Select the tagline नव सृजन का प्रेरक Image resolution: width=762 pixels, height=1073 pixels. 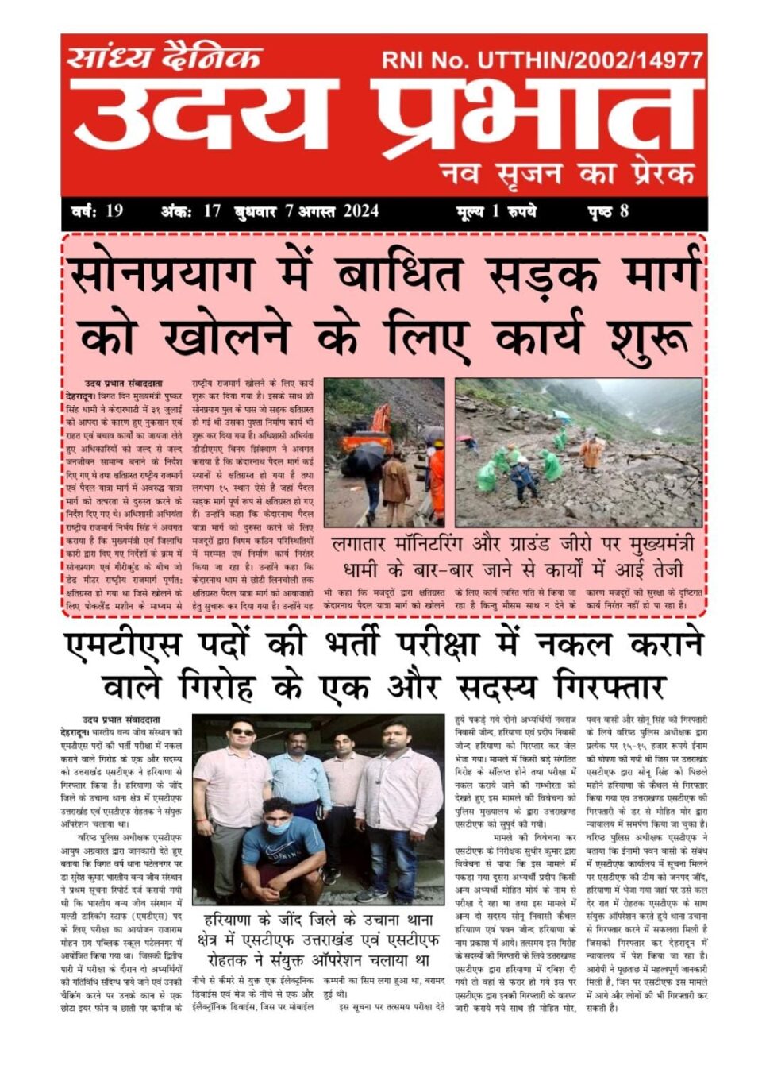(x=567, y=172)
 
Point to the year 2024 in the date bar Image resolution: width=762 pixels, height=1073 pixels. (x=361, y=211)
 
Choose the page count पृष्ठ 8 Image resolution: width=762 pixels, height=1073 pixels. (x=609, y=211)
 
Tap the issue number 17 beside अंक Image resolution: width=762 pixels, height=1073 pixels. (x=212, y=211)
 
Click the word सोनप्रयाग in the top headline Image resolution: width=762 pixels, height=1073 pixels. (x=163, y=274)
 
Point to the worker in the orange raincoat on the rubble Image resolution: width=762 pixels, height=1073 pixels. (x=591, y=452)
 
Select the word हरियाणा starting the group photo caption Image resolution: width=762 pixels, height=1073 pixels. (x=237, y=921)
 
